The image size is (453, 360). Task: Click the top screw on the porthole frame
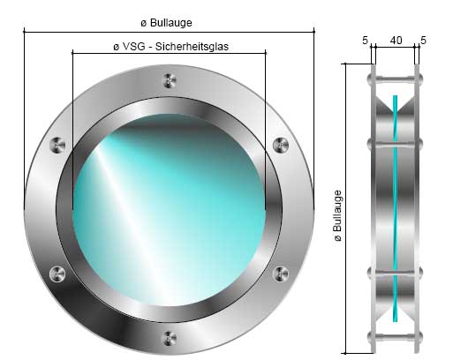coord(170,80)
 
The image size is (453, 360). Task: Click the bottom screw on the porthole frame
coord(170,339)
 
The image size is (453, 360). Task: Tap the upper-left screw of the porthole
coord(57,146)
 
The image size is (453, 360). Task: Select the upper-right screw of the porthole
coord(281,145)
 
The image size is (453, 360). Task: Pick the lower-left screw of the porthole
coord(57,274)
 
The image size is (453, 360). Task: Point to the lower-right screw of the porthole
coord(281,274)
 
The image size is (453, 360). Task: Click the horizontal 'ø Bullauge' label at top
coord(166,23)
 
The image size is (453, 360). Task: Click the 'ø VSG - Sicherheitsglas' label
coord(171,47)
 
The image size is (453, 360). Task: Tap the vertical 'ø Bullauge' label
coord(338,215)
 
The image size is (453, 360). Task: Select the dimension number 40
coord(396,41)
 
